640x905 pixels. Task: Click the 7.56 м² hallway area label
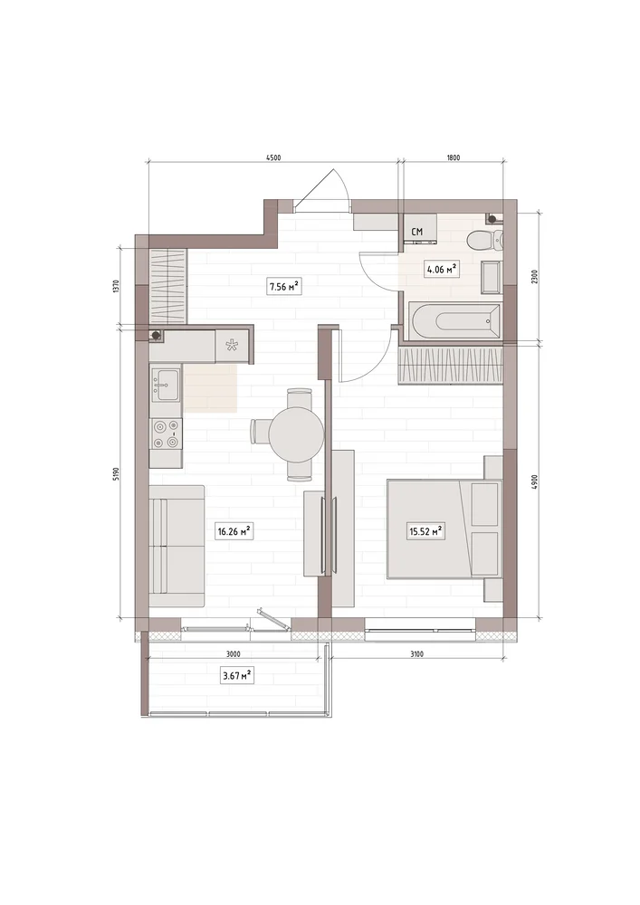tap(285, 285)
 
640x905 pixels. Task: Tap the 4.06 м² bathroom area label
tap(442, 269)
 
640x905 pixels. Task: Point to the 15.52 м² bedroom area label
tap(425, 531)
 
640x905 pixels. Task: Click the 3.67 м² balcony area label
tap(237, 675)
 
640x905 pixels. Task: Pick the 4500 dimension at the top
tap(273, 157)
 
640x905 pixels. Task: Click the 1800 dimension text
tap(454, 157)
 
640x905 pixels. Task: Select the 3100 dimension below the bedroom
tap(416, 654)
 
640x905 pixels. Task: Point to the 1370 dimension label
tap(116, 287)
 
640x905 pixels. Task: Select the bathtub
tap(454, 321)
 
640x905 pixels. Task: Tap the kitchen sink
tap(165, 383)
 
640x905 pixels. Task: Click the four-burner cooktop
tap(165, 434)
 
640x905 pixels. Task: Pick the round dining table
tap(297, 433)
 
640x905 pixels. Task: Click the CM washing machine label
tap(416, 232)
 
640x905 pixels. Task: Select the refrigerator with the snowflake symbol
tap(233, 346)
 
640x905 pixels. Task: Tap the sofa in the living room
tap(177, 546)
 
